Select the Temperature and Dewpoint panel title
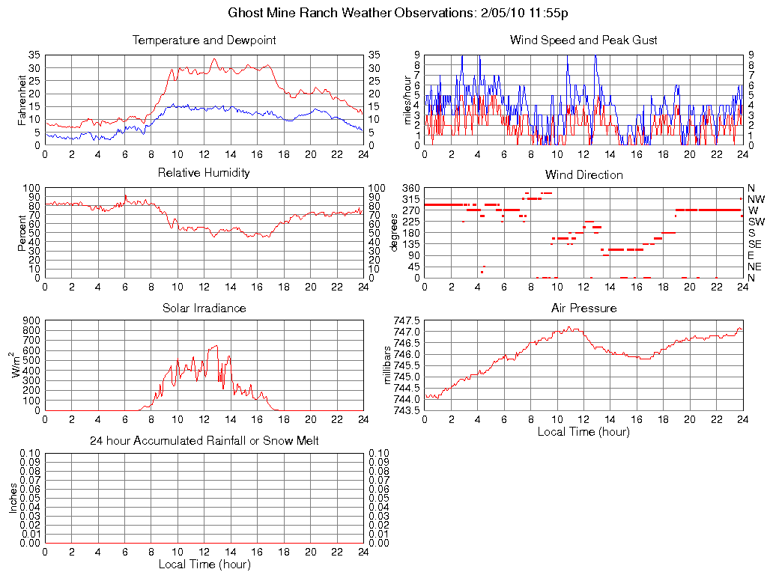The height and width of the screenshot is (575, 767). point(204,40)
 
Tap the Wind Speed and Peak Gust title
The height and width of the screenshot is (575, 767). point(583,40)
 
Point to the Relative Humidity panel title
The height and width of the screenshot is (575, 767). point(204,174)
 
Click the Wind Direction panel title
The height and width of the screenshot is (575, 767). point(583,175)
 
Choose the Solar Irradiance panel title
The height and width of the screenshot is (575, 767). point(204,308)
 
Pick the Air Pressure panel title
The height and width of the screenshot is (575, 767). point(583,308)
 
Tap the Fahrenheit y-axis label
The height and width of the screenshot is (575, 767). point(22,100)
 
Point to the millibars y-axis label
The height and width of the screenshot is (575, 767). point(387,365)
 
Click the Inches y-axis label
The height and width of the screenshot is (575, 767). point(13,498)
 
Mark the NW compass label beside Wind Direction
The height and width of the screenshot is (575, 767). point(756,199)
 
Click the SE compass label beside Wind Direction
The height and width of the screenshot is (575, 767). point(755,244)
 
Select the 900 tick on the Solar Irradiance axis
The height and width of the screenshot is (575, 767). point(31,320)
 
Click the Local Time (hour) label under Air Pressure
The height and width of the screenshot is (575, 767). point(583,432)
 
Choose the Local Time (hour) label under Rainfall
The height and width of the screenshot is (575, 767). point(204,565)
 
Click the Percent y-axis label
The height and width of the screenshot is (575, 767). point(22,233)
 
